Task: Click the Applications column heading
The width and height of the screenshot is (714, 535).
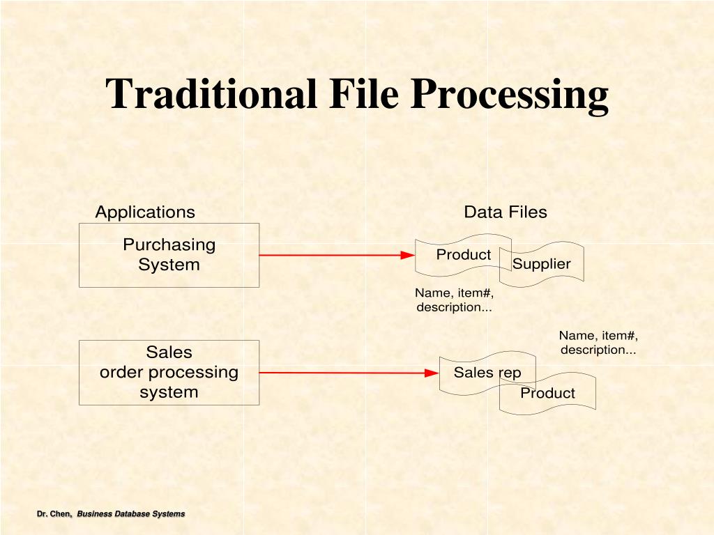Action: point(145,212)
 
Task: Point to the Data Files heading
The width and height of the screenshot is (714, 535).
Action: point(506,212)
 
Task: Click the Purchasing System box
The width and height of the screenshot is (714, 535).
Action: point(169,256)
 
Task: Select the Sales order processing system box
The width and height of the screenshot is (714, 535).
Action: point(169,373)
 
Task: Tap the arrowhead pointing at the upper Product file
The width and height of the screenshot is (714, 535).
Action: point(409,255)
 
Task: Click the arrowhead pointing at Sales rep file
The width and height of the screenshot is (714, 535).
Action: point(432,373)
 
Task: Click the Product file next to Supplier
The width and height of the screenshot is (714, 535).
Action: point(463,255)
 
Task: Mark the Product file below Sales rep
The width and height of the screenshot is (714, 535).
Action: point(548,394)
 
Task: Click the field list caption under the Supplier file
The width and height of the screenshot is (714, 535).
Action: point(455,300)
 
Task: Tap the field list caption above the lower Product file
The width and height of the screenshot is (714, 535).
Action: point(598,343)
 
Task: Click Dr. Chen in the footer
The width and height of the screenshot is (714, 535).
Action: point(54,514)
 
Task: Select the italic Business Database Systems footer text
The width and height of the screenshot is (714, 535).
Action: point(131,514)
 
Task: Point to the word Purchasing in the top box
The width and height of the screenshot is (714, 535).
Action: point(169,245)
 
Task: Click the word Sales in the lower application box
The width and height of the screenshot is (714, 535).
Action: point(169,352)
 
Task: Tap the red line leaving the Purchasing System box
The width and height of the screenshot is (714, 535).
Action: point(328,255)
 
